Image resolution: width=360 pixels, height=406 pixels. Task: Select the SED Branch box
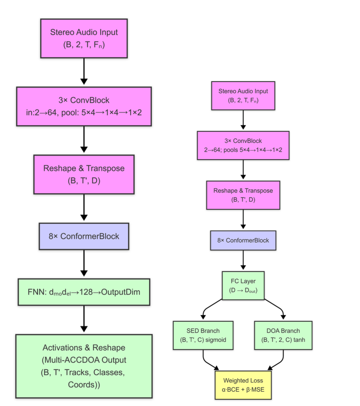click(203, 335)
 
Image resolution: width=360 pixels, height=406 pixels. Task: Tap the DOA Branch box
click(283, 335)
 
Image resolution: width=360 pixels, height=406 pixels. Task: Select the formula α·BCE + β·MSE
click(243, 389)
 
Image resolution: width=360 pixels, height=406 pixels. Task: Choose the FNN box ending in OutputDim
click(84, 292)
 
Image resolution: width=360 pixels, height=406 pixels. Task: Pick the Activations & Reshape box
click(84, 366)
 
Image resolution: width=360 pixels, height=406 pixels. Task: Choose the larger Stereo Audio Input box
click(84, 38)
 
